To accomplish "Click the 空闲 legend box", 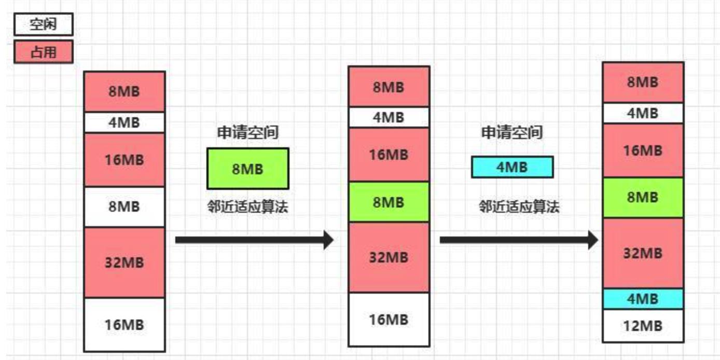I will coord(43,24).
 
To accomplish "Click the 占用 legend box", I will coord(43,52).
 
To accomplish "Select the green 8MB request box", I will coord(247,169).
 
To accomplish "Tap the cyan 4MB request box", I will coord(512,167).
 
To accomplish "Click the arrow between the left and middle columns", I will coord(254,240).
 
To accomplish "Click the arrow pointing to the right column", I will coord(519,240).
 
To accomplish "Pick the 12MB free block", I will coord(643,326).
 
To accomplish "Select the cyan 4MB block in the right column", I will coord(643,299).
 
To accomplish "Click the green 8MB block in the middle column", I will coord(389,202).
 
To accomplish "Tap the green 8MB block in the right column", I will coord(643,198).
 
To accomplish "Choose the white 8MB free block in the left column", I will coord(124,206).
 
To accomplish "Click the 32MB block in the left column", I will coord(124,262).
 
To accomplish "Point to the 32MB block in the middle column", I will coord(389,257).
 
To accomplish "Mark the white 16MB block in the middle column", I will coord(389,320).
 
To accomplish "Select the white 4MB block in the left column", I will coord(124,123).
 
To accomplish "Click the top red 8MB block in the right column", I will coord(643,82).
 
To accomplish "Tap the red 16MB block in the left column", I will coord(124,159).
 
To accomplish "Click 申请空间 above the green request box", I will coord(247,132).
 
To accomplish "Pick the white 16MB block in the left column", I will coord(124,325).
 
